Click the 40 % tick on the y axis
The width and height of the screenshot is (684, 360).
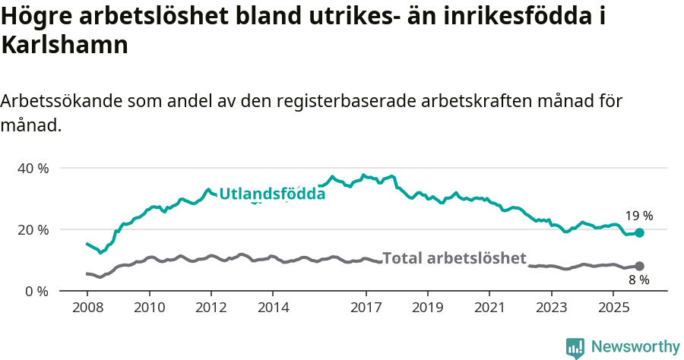[32, 168]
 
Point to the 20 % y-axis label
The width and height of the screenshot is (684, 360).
[32, 229]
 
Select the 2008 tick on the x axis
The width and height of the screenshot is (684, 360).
[87, 308]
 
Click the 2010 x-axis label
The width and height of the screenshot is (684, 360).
[149, 308]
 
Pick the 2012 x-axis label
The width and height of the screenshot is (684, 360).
[211, 308]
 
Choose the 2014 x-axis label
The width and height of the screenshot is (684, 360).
[273, 308]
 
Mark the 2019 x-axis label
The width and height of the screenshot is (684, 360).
[428, 308]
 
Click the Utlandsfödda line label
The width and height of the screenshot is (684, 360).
[272, 194]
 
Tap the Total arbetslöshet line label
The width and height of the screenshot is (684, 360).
[454, 258]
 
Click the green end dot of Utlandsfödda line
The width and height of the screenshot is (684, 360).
[639, 232]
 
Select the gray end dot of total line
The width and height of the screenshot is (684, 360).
[639, 266]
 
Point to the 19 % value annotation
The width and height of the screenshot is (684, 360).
[639, 216]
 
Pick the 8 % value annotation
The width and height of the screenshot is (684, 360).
[639, 280]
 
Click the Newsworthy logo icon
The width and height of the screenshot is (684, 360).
[575, 348]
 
